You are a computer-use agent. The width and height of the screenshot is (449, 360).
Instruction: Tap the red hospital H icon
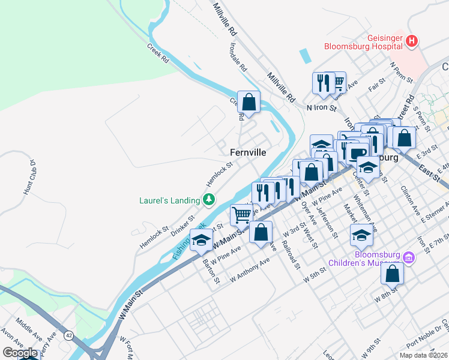tap(412, 41)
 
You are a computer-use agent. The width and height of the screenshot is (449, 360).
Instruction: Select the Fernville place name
tap(248, 152)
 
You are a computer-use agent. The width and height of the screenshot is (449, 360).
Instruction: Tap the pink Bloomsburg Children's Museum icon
tap(409, 258)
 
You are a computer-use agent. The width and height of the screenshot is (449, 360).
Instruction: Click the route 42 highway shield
tap(69, 336)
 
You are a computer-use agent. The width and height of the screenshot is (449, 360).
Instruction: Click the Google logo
tap(19, 353)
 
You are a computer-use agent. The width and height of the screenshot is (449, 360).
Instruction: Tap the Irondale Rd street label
tap(238, 57)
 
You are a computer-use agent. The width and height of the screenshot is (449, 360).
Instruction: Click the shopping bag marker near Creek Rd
tap(249, 101)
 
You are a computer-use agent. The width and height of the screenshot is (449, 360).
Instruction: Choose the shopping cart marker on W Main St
tap(241, 214)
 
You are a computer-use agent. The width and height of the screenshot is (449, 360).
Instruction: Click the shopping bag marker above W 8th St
tap(391, 273)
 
